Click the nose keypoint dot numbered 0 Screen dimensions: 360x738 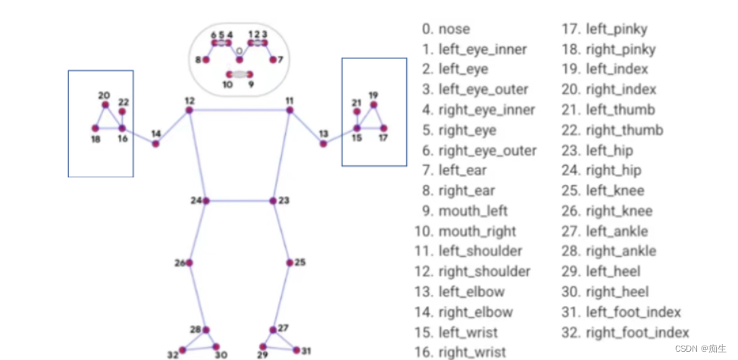[x=239, y=59]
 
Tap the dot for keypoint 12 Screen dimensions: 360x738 [x=189, y=111]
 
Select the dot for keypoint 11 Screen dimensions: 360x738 [x=289, y=111]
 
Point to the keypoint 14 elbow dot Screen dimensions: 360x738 [x=155, y=143]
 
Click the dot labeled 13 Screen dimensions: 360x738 [x=323, y=143]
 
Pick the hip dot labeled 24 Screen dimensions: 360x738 [x=206, y=201]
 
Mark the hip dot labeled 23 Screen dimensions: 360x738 [x=274, y=201]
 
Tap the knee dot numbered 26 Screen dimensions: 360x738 [x=189, y=263]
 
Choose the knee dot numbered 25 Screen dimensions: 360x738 [x=289, y=263]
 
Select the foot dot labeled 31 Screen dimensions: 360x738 [x=296, y=349]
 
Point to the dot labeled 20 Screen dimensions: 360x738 [x=105, y=105]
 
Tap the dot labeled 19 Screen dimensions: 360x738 [x=374, y=105]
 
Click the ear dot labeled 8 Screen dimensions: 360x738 [x=205, y=59]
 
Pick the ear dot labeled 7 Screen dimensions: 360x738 [x=272, y=59]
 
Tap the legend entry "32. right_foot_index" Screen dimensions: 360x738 [x=625, y=333]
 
